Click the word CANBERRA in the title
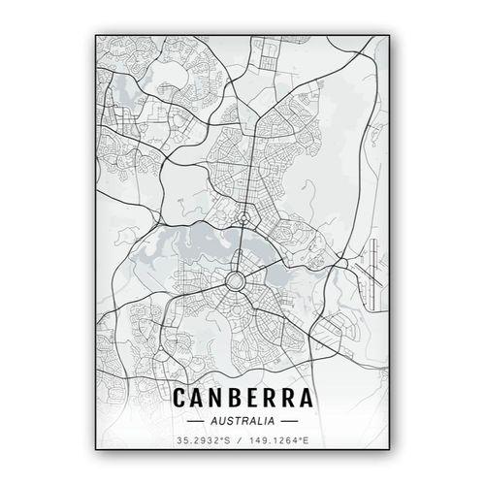tap(242, 398)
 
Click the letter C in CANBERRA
tap(179, 398)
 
